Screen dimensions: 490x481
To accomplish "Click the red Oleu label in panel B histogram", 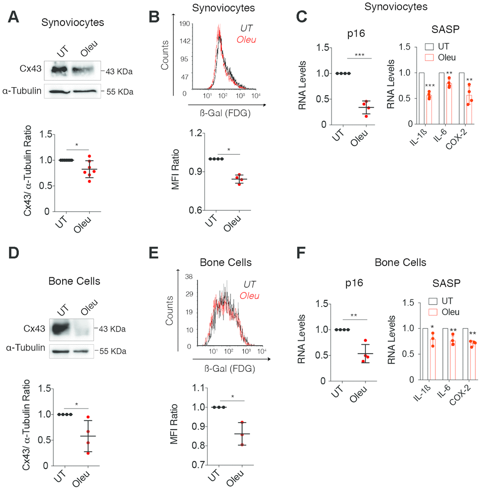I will pos(245,39).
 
